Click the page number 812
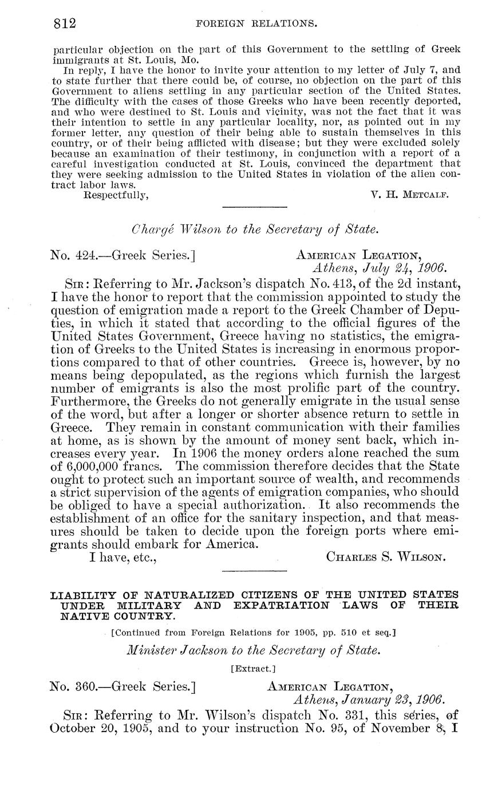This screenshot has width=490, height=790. [x=65, y=23]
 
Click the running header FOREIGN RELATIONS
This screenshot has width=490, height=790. [x=256, y=24]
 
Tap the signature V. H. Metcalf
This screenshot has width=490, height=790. [x=409, y=194]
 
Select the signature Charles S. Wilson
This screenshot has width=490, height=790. [x=385, y=556]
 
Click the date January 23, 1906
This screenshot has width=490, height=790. [x=369, y=700]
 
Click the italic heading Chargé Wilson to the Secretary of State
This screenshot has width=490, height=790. [x=255, y=230]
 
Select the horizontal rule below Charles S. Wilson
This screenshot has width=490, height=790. [x=254, y=571]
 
